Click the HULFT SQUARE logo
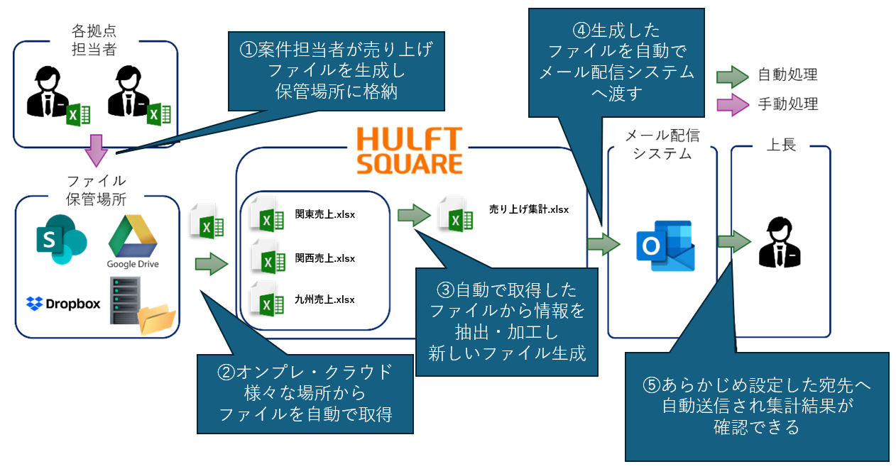[409, 150]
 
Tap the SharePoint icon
[60, 238]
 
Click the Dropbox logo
[63, 304]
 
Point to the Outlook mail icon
[665, 245]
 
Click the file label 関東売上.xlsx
[325, 214]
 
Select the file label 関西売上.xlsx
[325, 258]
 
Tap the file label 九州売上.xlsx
[325, 299]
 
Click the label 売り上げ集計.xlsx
[529, 209]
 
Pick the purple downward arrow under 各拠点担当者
[95, 150]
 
